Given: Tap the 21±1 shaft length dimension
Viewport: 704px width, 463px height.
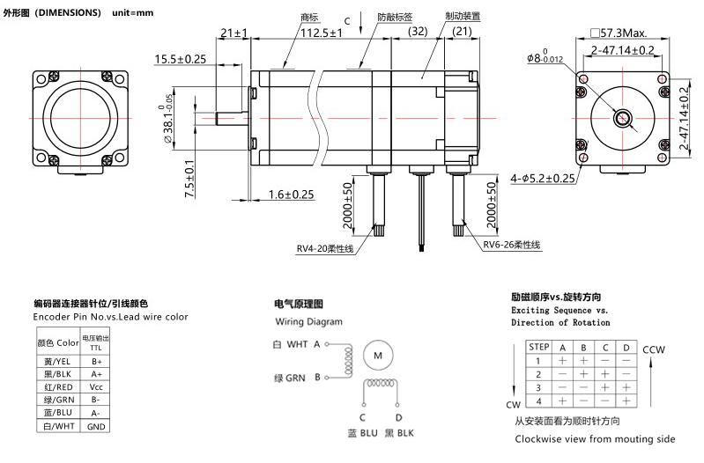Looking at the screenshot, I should [x=233, y=33].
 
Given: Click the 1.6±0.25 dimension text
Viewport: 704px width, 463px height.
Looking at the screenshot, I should [x=285, y=195].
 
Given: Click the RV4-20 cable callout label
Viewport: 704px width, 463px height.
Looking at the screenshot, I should [x=324, y=249].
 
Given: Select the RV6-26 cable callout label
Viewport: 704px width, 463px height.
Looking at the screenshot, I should [x=511, y=246].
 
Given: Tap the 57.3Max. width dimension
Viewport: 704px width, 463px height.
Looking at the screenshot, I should [x=626, y=33].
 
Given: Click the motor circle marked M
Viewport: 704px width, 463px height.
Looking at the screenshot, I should [x=378, y=355].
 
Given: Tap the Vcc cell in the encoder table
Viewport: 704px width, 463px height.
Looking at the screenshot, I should [x=96, y=386].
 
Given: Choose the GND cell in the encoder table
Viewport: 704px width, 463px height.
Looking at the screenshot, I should [x=96, y=425].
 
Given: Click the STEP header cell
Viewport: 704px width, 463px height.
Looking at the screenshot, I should [x=537, y=348].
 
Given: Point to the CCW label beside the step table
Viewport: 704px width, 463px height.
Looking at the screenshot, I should [x=655, y=349].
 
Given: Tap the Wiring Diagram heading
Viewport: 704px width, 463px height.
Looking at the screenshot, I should [x=307, y=322].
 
